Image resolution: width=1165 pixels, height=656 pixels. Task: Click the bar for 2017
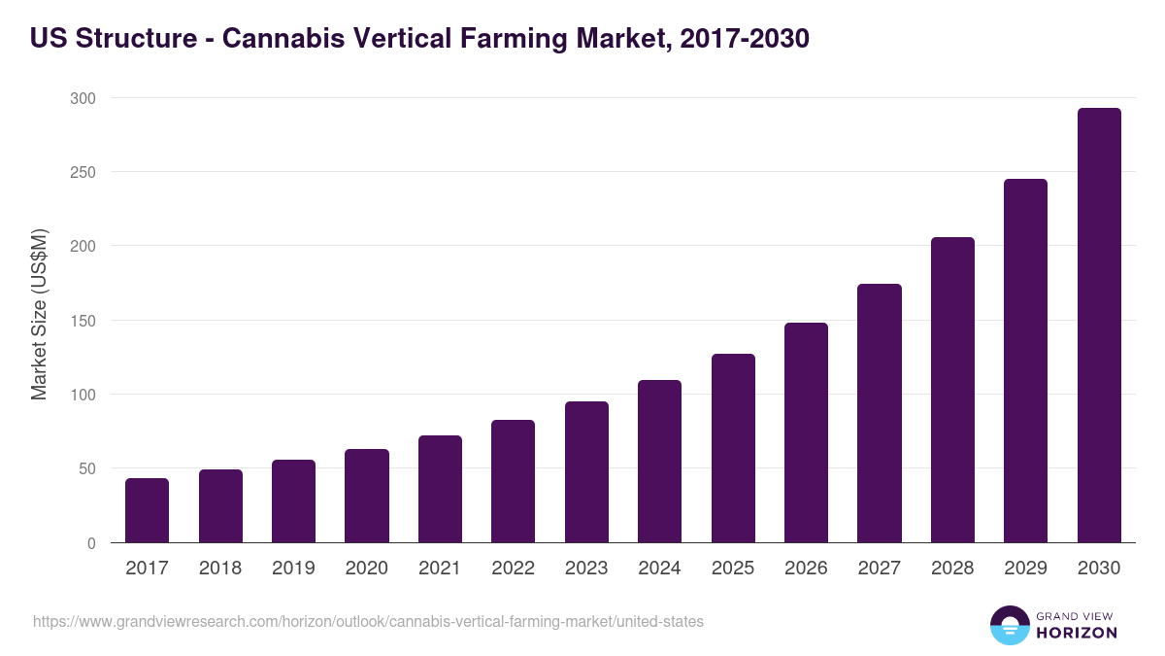pyautogui.click(x=147, y=510)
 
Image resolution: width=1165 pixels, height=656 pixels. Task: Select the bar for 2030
pyautogui.click(x=1099, y=326)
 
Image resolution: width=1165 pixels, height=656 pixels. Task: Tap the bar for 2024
pyautogui.click(x=659, y=462)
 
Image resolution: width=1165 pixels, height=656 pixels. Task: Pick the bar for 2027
pyautogui.click(x=880, y=413)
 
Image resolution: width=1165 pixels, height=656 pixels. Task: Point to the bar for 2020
pyautogui.click(x=367, y=496)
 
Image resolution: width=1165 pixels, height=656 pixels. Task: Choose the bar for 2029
pyautogui.click(x=1025, y=361)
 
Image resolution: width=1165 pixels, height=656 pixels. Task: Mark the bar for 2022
pyautogui.click(x=513, y=481)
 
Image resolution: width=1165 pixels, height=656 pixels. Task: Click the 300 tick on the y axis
pyautogui.click(x=83, y=98)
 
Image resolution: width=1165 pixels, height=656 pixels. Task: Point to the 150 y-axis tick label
pyautogui.click(x=83, y=321)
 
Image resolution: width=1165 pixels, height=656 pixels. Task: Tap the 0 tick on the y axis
pyautogui.click(x=91, y=543)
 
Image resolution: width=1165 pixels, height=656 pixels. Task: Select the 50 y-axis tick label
pyautogui.click(x=86, y=469)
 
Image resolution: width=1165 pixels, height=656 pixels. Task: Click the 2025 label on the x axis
pyautogui.click(x=732, y=569)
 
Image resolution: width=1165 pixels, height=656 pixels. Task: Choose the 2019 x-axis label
pyautogui.click(x=293, y=569)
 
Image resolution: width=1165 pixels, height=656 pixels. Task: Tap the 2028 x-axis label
pyautogui.click(x=952, y=569)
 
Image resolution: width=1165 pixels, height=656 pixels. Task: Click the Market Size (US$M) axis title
pyautogui.click(x=39, y=314)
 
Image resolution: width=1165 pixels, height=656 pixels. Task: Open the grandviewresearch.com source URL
pyautogui.click(x=368, y=621)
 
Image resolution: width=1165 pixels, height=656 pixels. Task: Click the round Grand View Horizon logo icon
pyautogui.click(x=1009, y=625)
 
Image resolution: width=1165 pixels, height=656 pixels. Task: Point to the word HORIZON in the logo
pyautogui.click(x=1077, y=633)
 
